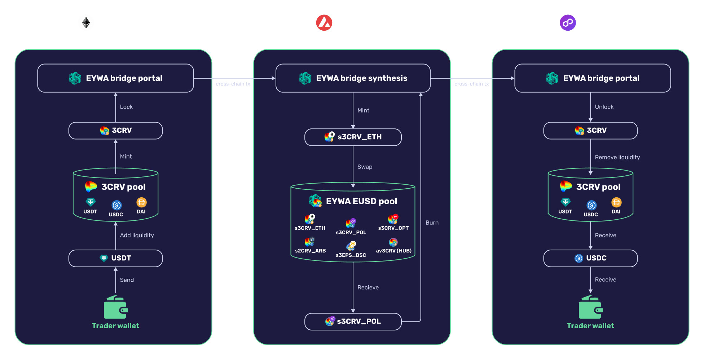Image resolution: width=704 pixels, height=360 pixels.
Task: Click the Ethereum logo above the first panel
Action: (86, 23)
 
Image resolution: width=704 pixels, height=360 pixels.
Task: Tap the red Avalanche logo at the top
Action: (324, 23)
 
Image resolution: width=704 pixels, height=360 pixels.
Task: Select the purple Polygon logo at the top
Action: (568, 23)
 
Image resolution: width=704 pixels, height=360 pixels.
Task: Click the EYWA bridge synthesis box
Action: (353, 78)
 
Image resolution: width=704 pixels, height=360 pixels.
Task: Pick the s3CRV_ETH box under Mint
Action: (353, 137)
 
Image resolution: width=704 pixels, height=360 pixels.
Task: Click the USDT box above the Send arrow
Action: (115, 258)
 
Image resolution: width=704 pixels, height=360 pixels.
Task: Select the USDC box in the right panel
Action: (590, 258)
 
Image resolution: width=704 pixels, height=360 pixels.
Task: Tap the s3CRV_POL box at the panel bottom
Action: (353, 321)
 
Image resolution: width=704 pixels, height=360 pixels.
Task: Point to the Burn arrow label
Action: (432, 223)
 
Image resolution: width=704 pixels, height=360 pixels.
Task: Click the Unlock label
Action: (604, 107)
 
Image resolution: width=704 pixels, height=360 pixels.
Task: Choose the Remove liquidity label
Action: (617, 157)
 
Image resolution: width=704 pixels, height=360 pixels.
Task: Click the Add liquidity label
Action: (137, 235)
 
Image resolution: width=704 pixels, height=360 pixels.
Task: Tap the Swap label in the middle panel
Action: (365, 167)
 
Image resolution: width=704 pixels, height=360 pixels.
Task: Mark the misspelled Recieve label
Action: (368, 287)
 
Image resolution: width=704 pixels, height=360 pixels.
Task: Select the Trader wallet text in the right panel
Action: (590, 326)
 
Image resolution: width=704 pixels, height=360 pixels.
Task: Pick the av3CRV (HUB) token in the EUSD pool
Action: (393, 246)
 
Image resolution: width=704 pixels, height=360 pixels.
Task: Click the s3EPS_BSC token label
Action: (351, 255)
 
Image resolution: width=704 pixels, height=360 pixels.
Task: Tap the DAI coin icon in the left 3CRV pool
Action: (141, 202)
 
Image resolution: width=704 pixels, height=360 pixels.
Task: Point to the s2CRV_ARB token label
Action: (310, 251)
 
